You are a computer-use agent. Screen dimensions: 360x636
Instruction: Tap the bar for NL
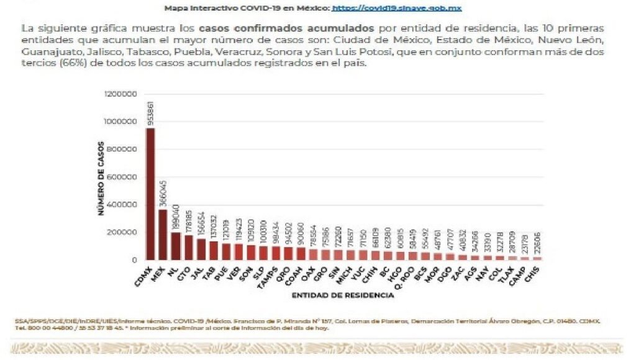click(176, 246)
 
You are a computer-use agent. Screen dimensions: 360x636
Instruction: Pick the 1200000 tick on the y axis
click(122, 94)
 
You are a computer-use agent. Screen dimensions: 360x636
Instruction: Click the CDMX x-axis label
click(143, 275)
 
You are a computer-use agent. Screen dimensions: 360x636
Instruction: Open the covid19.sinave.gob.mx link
click(397, 8)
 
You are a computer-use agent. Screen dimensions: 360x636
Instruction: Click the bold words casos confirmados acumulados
click(287, 29)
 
